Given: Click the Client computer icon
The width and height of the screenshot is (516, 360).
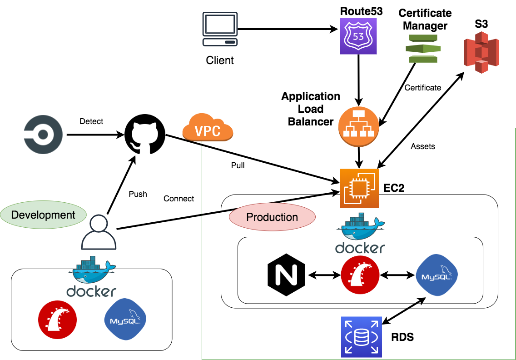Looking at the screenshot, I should [220, 30].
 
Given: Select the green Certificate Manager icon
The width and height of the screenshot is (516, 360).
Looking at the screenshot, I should [422, 47].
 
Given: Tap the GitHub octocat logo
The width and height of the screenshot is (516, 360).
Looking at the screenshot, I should [144, 135].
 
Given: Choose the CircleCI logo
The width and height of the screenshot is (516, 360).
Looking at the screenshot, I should [43, 135].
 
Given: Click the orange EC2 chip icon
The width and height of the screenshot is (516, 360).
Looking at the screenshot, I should [359, 188].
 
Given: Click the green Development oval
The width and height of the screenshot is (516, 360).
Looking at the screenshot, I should [44, 215].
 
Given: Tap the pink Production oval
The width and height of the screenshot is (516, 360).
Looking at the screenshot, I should [272, 217].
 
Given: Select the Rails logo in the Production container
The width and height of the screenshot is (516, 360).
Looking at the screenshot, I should [360, 274].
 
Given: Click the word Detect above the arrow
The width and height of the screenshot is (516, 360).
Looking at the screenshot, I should [91, 121].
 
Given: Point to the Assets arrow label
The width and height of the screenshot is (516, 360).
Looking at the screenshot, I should [423, 146].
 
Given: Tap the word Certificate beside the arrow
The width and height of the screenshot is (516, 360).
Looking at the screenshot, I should [423, 87].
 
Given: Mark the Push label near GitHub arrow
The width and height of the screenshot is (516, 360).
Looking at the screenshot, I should [138, 194].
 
